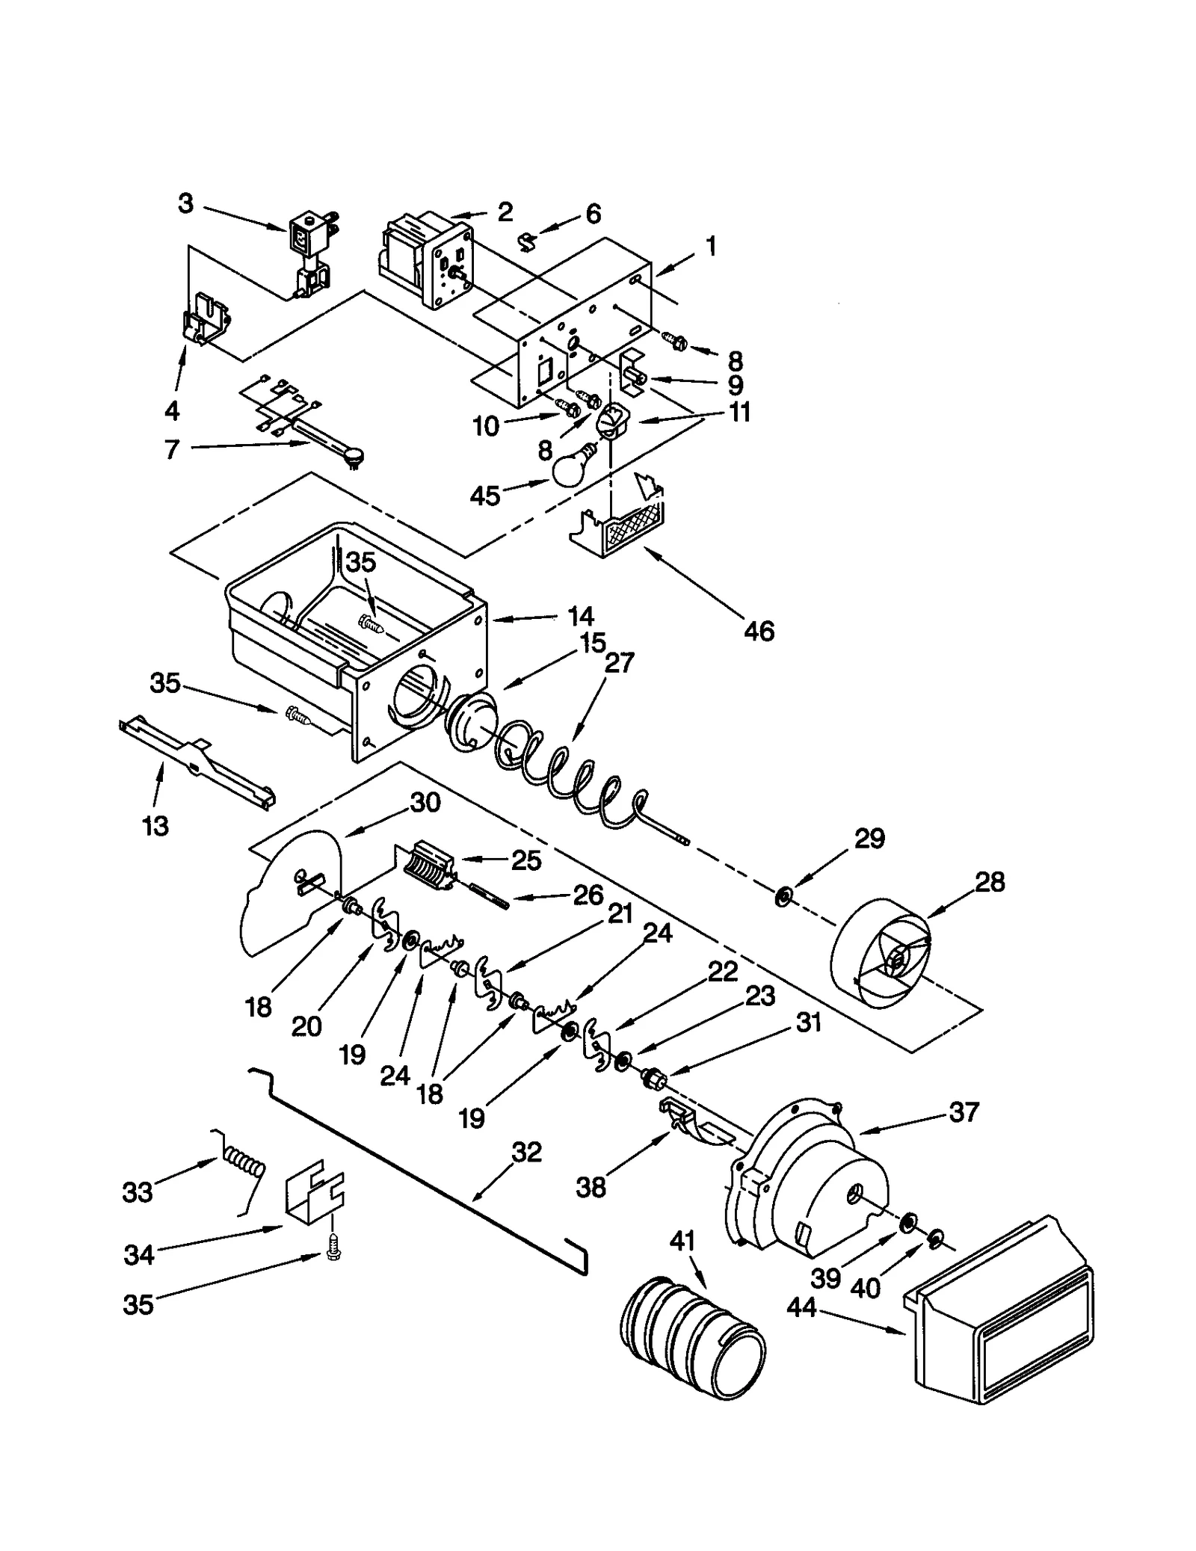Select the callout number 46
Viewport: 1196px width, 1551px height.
click(x=759, y=631)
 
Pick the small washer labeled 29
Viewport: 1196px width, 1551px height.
click(x=783, y=895)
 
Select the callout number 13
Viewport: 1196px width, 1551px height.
click(x=155, y=826)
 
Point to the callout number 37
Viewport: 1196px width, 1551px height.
click(x=964, y=1111)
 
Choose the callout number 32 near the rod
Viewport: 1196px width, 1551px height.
click(x=525, y=1152)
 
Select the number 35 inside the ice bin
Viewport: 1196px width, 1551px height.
click(x=361, y=562)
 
